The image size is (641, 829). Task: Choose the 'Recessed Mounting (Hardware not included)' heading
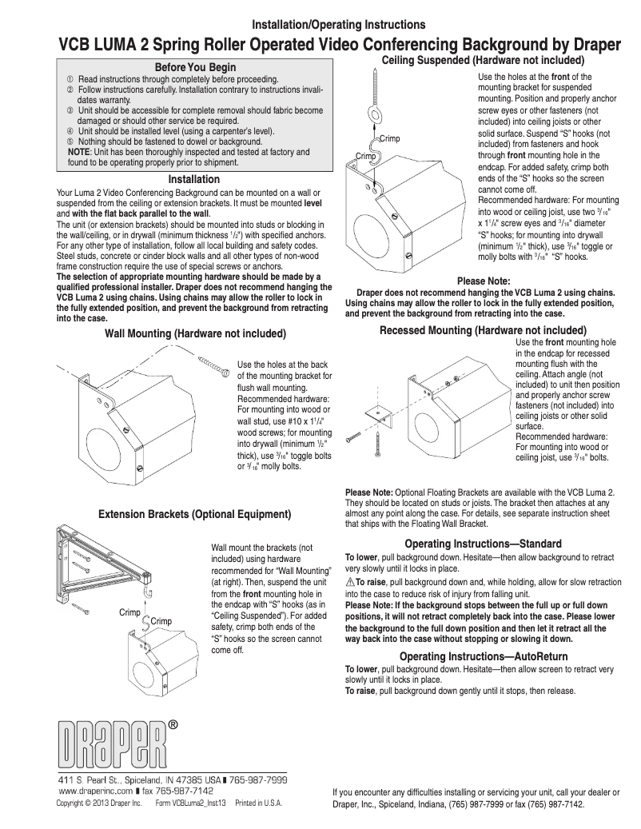coord(483,330)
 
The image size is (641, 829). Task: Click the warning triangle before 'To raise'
coord(349,582)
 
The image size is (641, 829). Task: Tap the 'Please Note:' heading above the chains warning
coord(483,281)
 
